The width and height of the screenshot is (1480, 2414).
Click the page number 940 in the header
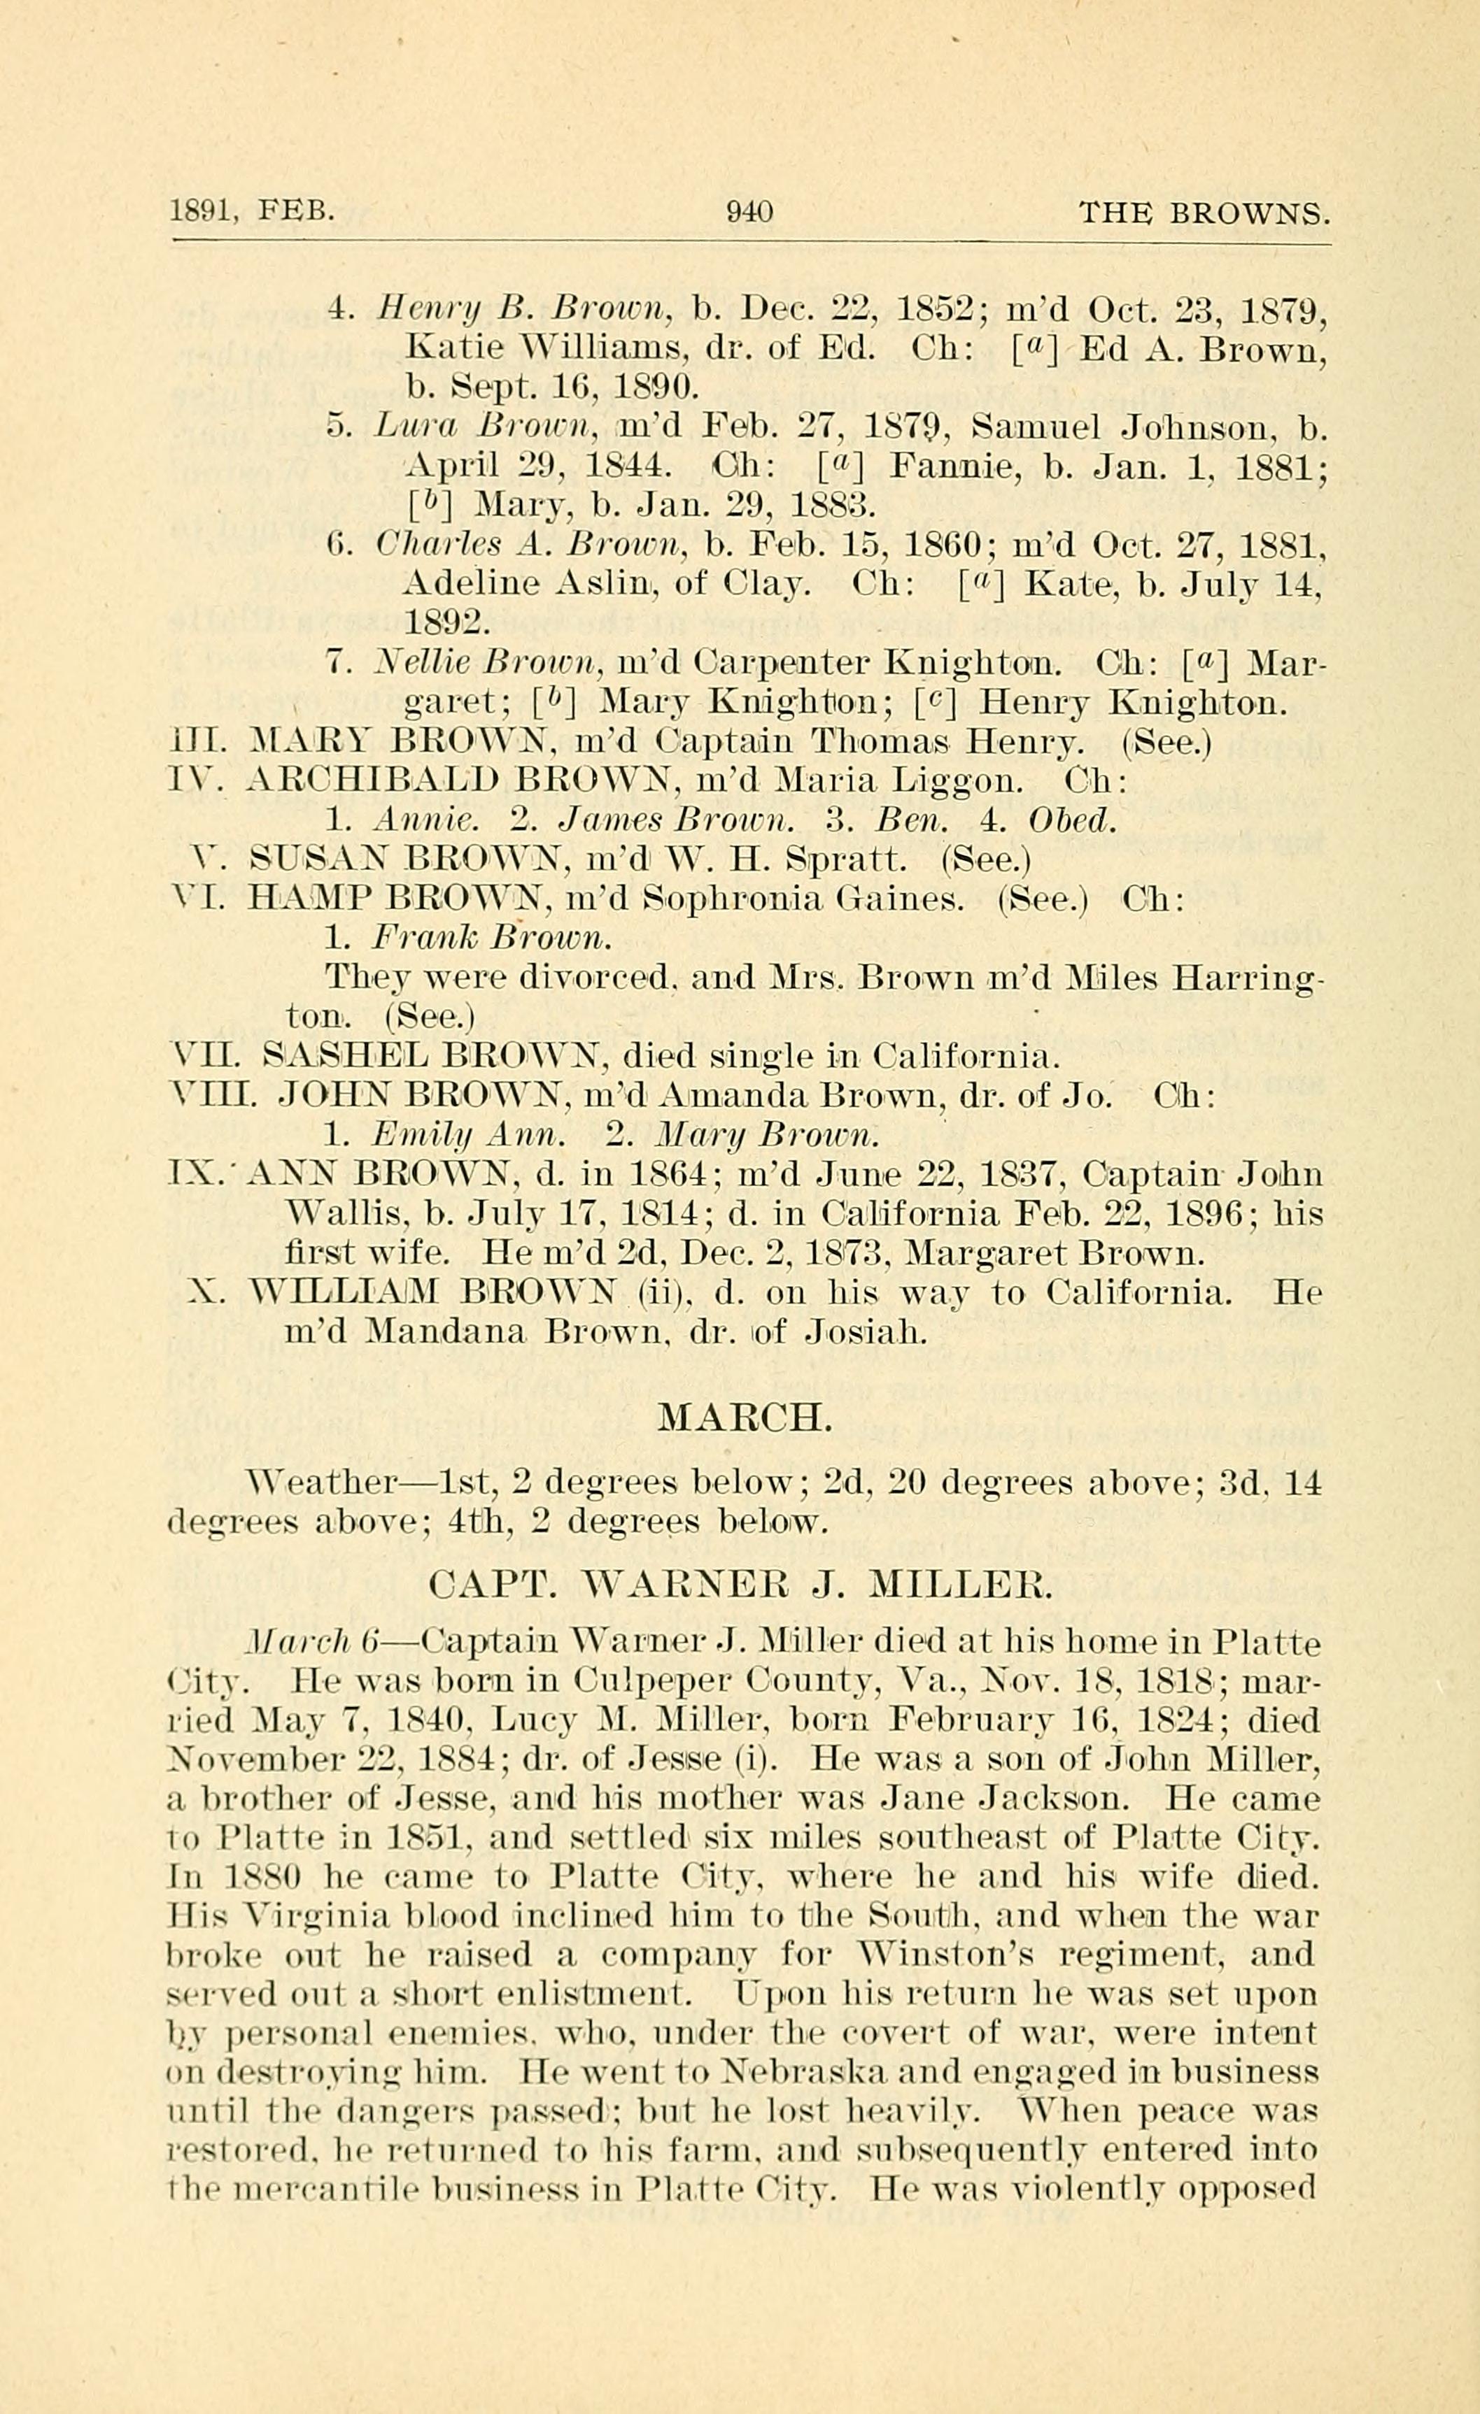pos(750,212)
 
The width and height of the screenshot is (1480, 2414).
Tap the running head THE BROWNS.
pos(1204,213)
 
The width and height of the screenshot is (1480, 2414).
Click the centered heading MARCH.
pos(745,1417)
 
